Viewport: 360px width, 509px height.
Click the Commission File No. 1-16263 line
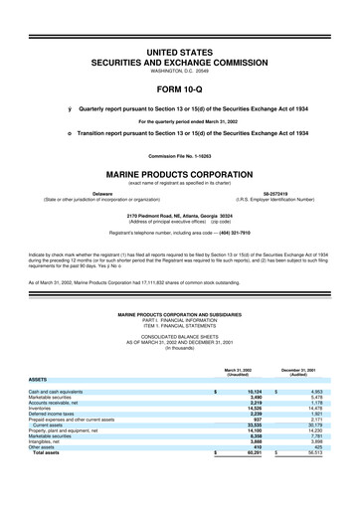pyautogui.click(x=180, y=152)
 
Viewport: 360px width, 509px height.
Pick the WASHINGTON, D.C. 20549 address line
pyautogui.click(x=180, y=43)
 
